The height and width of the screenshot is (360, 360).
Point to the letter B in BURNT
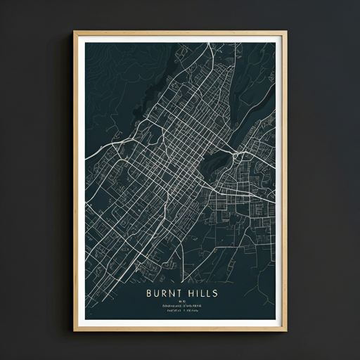tap(148, 292)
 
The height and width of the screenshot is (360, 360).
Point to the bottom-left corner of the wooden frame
tap(75, 330)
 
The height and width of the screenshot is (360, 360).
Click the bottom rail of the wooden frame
tap(180, 328)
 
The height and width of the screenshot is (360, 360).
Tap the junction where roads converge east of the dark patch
tap(233, 152)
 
